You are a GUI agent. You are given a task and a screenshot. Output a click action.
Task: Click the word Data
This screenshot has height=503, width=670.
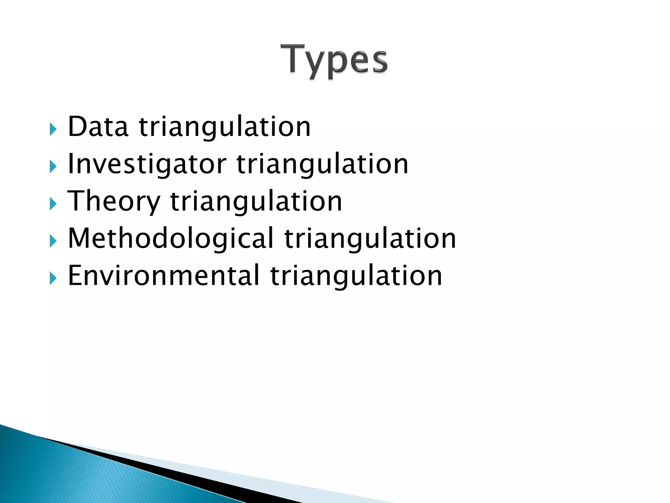click(97, 127)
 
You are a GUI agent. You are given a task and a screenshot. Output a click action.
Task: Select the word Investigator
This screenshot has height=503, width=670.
click(147, 164)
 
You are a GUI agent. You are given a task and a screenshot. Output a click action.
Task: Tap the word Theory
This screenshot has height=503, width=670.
click(114, 201)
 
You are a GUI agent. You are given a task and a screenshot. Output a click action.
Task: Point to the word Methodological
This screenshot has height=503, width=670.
click(170, 238)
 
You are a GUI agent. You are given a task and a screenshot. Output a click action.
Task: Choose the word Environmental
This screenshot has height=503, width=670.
click(164, 275)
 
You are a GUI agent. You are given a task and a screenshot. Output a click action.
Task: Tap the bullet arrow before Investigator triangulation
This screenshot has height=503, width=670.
click(53, 167)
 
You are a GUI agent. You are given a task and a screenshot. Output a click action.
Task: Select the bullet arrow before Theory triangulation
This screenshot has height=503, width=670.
click(53, 204)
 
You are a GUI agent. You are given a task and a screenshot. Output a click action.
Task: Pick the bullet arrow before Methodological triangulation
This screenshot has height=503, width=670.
click(53, 241)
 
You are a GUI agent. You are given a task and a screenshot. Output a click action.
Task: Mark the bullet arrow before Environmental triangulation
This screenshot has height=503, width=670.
click(53, 279)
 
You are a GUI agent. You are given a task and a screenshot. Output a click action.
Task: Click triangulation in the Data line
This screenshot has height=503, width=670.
click(225, 127)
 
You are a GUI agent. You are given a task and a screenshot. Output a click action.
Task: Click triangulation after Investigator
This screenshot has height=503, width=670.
click(322, 164)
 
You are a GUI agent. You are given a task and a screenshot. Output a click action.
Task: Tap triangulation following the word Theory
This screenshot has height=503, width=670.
click(256, 201)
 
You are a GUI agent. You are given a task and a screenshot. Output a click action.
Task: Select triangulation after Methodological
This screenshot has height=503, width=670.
click(370, 238)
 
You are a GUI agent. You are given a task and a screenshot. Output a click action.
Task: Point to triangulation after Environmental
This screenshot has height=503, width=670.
click(356, 275)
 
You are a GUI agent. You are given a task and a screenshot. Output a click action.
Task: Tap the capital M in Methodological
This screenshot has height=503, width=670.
click(79, 238)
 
